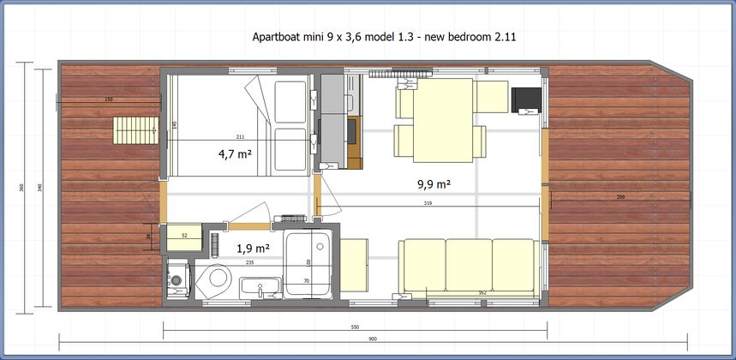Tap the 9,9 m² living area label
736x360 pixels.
coord(434,183)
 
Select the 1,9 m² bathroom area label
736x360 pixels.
coord(253,249)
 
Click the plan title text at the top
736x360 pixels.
coord(383,38)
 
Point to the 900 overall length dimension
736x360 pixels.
coord(372,339)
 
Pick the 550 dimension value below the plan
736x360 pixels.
coord(355,327)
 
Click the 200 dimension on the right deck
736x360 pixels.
coord(620,197)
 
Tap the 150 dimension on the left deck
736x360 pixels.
coord(108,100)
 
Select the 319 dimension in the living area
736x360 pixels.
coord(427,203)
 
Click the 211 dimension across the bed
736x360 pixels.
coord(239,137)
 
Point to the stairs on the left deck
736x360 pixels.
coord(133,131)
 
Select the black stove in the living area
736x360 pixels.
coord(525,99)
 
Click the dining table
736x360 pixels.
coord(443,119)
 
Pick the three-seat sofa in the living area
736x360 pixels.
coord(470,267)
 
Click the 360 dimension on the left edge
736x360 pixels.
coord(21,187)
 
